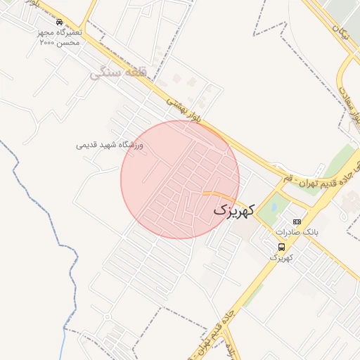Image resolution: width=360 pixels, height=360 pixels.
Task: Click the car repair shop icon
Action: tap(59, 22)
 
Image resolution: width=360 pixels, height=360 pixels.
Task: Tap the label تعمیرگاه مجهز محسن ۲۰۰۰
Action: tap(59, 37)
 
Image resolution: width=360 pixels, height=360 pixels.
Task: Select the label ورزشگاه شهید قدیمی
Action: tap(110, 146)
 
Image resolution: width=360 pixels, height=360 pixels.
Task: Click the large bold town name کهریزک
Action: tap(231, 210)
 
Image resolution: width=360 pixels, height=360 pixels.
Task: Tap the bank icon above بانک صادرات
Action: tap(297, 222)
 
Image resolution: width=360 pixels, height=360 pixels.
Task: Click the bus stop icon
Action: tap(281, 247)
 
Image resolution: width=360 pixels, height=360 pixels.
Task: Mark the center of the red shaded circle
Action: tap(180, 179)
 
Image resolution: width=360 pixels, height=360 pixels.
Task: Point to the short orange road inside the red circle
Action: tap(214, 193)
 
